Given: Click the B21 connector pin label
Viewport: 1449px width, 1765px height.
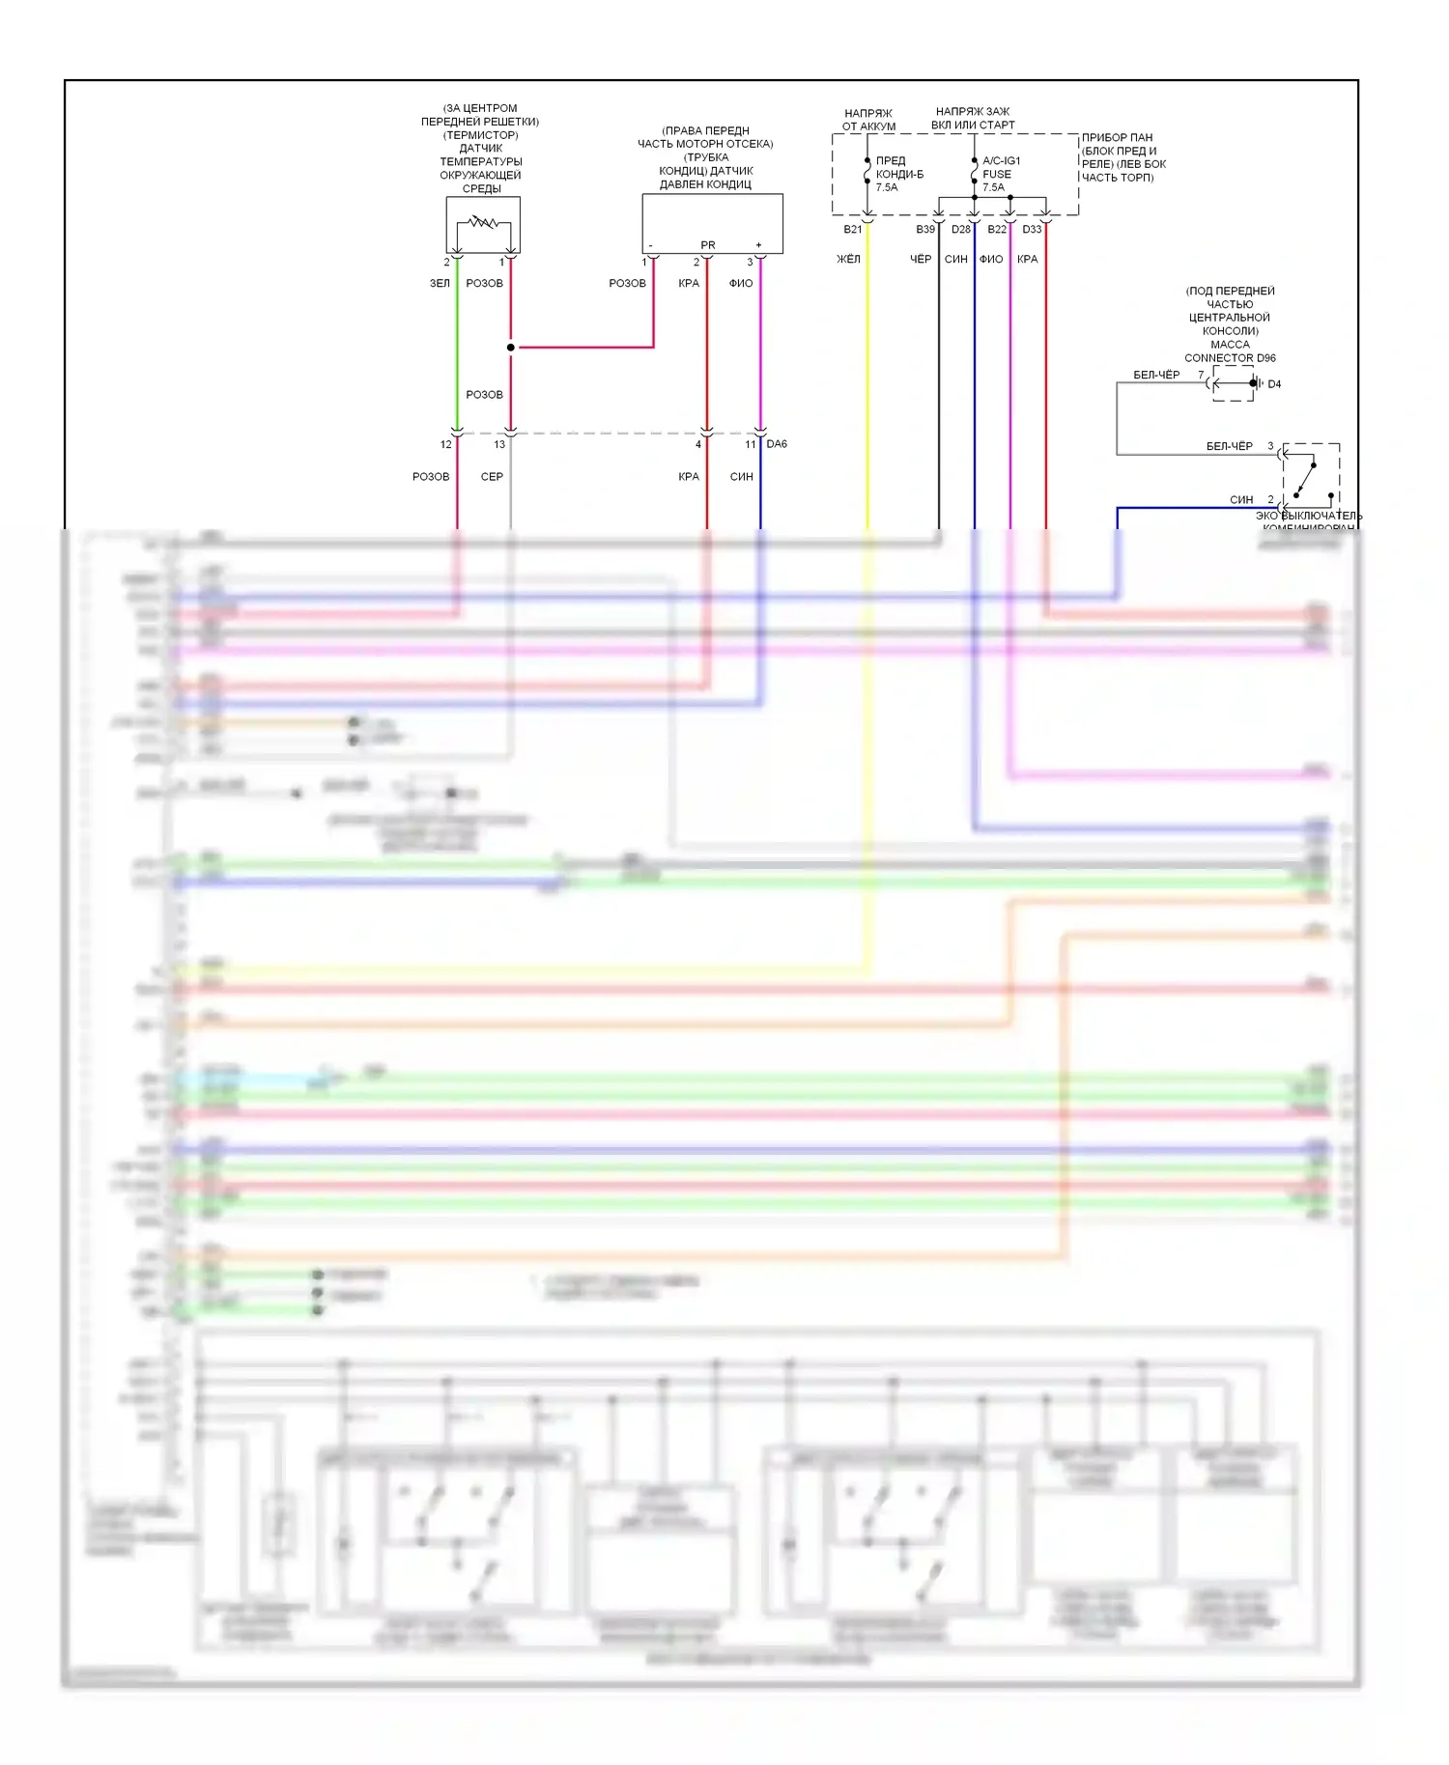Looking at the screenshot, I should [x=852, y=230].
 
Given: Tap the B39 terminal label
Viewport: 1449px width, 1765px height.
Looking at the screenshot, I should [x=925, y=230].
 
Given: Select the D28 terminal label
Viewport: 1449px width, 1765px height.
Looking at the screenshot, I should [x=960, y=230].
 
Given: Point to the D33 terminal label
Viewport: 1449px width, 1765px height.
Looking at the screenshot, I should [x=1032, y=230].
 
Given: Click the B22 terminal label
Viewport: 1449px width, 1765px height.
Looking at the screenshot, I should [x=997, y=230].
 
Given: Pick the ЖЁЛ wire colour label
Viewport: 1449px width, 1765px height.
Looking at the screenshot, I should [x=848, y=259].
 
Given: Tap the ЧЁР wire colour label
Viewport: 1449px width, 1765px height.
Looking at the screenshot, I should [x=921, y=259].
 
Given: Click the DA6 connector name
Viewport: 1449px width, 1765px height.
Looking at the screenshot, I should [x=777, y=444].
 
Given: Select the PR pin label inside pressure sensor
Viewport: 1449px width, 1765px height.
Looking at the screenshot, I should [x=708, y=245].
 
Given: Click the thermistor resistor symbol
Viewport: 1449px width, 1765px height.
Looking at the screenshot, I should [x=483, y=223].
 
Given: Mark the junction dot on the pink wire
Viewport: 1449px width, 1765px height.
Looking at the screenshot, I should [x=511, y=348].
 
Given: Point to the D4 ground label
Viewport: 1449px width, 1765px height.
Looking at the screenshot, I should [x=1274, y=384].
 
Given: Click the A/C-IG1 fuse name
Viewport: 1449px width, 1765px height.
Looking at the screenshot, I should [x=1001, y=161].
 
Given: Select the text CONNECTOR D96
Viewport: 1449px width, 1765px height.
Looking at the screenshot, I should [x=1230, y=358].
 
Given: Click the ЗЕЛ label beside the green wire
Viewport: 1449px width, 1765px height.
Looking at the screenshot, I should [x=440, y=284].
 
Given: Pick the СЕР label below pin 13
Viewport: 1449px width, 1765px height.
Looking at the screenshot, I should [x=492, y=477].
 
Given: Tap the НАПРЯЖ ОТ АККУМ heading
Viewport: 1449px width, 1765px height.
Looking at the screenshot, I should [x=868, y=120].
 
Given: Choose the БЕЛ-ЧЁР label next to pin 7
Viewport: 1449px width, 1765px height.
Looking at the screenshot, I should [x=1156, y=375].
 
